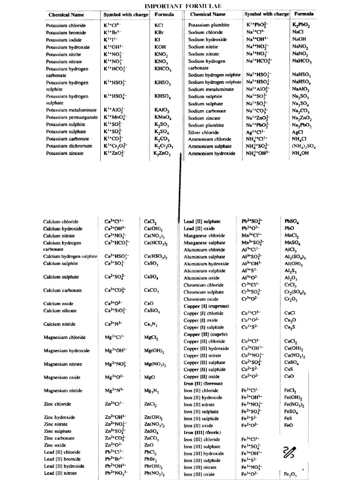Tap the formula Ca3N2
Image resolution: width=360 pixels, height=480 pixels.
coord(150,324)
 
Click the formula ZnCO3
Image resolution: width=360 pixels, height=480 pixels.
coord(153,438)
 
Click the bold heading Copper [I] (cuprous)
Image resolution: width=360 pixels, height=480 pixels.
coord(206,306)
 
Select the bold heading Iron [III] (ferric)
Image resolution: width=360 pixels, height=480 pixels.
coord(203,432)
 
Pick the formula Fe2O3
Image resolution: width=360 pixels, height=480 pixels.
coord(291,474)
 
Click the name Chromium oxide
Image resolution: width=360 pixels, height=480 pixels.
coord(201,299)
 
